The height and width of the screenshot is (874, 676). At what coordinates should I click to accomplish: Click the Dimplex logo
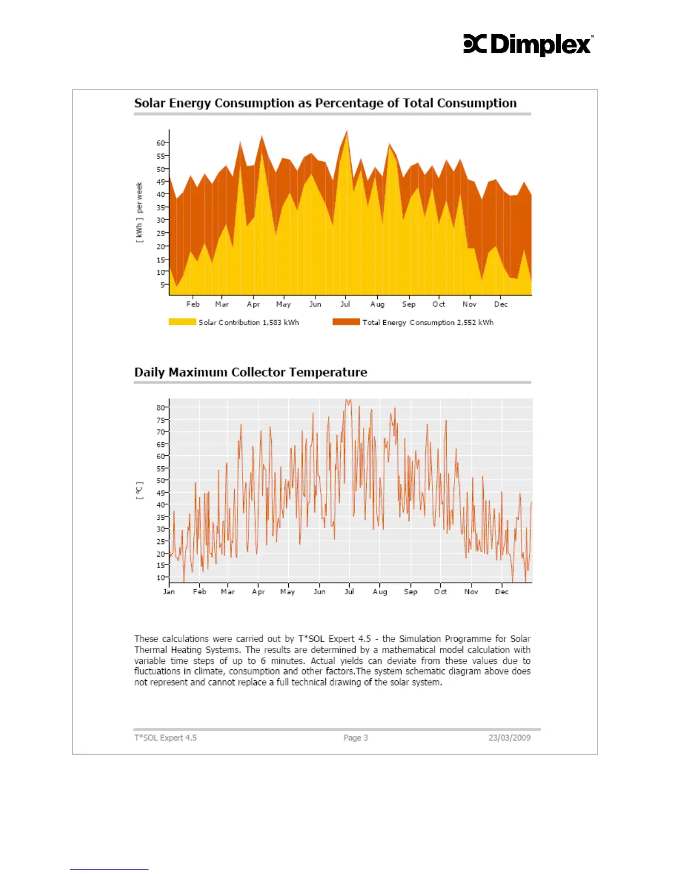[528, 45]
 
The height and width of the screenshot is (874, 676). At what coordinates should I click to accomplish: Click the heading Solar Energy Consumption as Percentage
[325, 103]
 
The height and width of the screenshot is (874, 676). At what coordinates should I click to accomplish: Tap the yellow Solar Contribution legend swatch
[182, 322]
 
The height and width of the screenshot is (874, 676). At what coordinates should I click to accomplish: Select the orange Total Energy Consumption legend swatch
[346, 322]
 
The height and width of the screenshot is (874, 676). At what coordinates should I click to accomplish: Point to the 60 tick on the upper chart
[160, 143]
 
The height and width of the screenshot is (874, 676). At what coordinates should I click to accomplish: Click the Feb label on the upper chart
[193, 304]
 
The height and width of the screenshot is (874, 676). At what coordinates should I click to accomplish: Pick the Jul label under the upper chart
[345, 304]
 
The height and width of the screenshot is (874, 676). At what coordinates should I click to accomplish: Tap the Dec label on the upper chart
[501, 304]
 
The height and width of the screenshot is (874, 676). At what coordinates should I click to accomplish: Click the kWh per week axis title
[139, 212]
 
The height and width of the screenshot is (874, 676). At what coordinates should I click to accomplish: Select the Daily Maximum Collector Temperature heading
[251, 372]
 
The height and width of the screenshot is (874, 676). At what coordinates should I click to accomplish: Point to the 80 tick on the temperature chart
[160, 408]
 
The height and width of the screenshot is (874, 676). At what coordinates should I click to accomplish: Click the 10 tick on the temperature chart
[160, 578]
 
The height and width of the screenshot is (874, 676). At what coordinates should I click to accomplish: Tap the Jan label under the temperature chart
[169, 591]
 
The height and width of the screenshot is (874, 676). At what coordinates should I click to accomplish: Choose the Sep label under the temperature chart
[410, 591]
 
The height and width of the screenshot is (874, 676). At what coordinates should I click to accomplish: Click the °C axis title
[139, 490]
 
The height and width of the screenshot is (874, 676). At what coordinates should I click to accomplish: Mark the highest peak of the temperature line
[347, 401]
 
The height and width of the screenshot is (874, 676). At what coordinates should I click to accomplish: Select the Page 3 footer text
[356, 738]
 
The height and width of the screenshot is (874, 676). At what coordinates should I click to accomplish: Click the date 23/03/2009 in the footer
[509, 738]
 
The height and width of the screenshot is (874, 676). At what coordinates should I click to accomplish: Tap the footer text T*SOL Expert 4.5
[165, 738]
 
